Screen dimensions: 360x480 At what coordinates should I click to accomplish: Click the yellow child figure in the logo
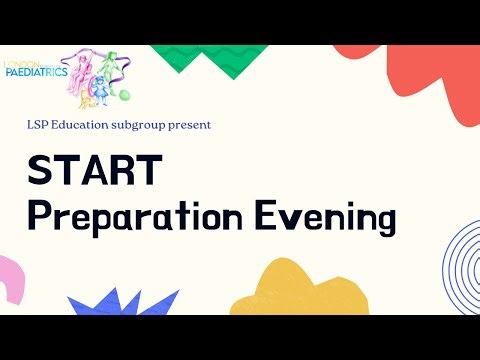click(x=87, y=98)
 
